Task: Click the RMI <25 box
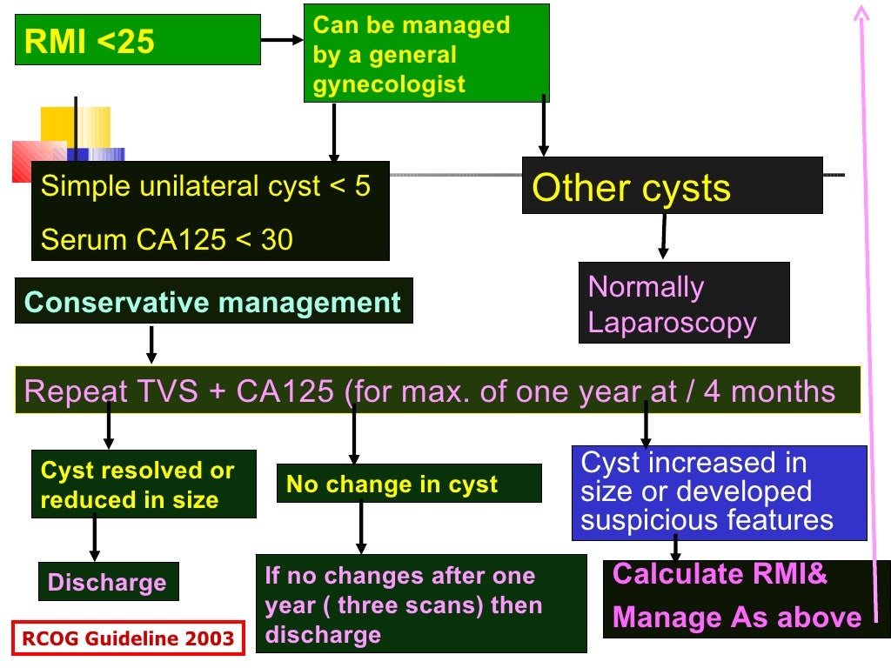(x=137, y=40)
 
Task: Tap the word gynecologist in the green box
(x=389, y=84)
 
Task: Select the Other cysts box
(x=672, y=186)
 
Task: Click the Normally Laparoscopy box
(x=684, y=304)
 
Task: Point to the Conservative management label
(x=213, y=302)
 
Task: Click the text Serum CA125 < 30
(x=167, y=240)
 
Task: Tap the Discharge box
(x=108, y=582)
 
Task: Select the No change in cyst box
(x=409, y=484)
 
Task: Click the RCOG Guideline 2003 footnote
(x=128, y=638)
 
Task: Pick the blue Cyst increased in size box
(x=719, y=491)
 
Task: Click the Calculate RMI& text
(x=720, y=574)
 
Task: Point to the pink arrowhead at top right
(x=861, y=12)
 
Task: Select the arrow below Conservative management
(x=151, y=345)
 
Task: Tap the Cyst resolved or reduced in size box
(x=144, y=484)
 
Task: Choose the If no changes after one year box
(x=420, y=605)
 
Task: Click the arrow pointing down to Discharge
(x=95, y=539)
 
